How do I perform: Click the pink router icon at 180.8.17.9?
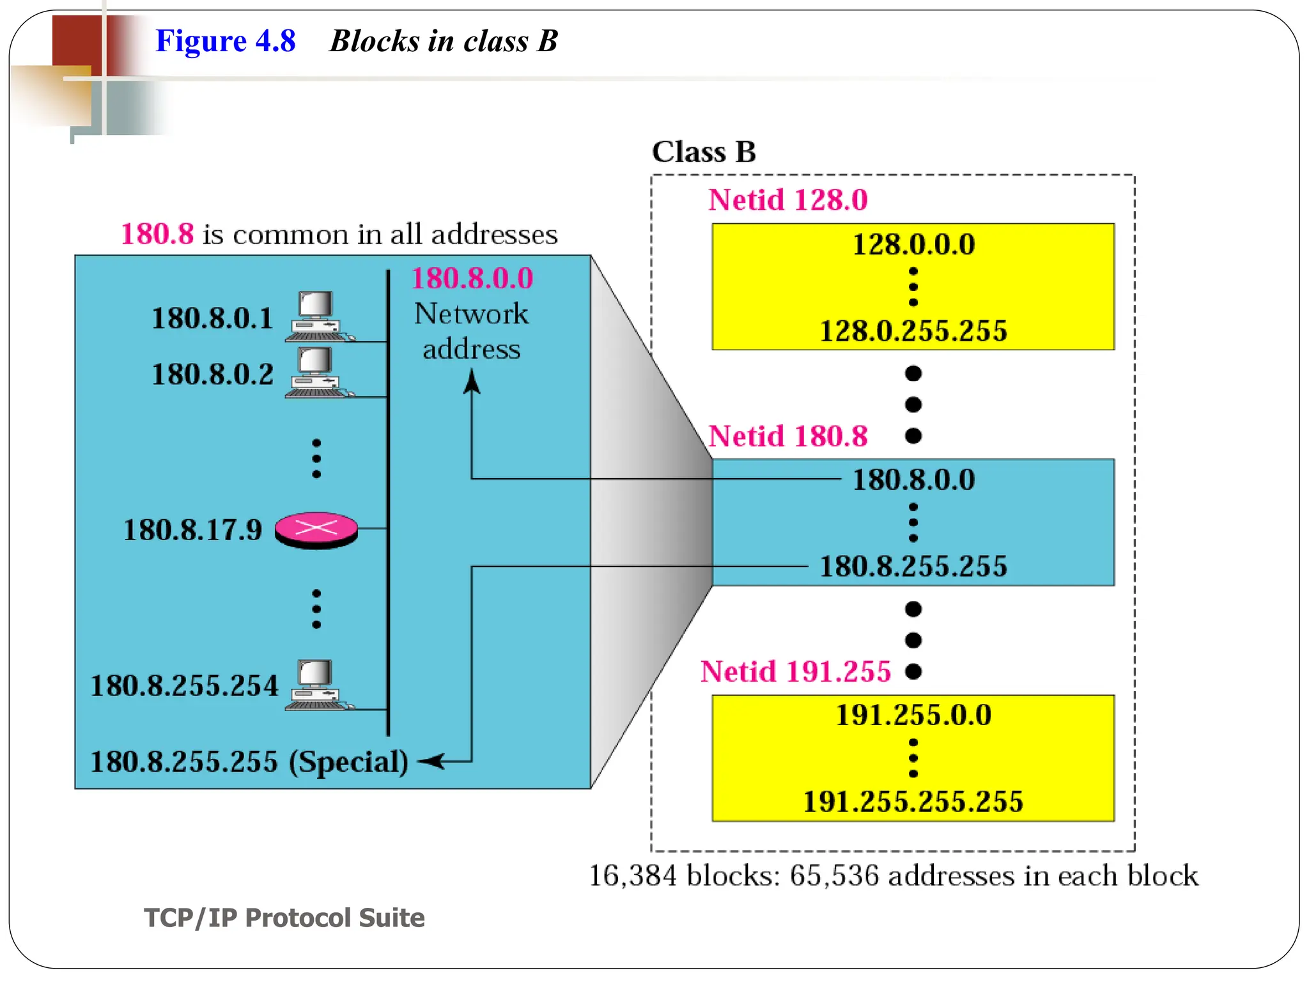pyautogui.click(x=316, y=529)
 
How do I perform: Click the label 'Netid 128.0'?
pyautogui.click(x=787, y=200)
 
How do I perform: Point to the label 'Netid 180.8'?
pyautogui.click(x=787, y=437)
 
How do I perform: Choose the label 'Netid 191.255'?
pyautogui.click(x=795, y=672)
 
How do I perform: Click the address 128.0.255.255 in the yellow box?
pyautogui.click(x=913, y=331)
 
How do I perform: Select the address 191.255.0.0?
pyautogui.click(x=913, y=715)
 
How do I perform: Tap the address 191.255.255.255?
pyautogui.click(x=913, y=802)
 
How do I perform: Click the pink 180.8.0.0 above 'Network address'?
pyautogui.click(x=472, y=279)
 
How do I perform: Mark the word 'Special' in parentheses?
pyautogui.click(x=348, y=761)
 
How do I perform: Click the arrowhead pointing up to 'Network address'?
pyautogui.click(x=472, y=382)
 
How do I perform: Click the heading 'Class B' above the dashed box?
pyautogui.click(x=703, y=152)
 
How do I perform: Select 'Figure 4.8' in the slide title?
pyautogui.click(x=225, y=41)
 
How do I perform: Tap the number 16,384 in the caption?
pyautogui.click(x=631, y=875)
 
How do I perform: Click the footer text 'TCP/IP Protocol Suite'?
pyautogui.click(x=284, y=917)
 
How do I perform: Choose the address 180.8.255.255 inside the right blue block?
pyautogui.click(x=913, y=566)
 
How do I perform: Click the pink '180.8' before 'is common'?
pyautogui.click(x=157, y=234)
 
